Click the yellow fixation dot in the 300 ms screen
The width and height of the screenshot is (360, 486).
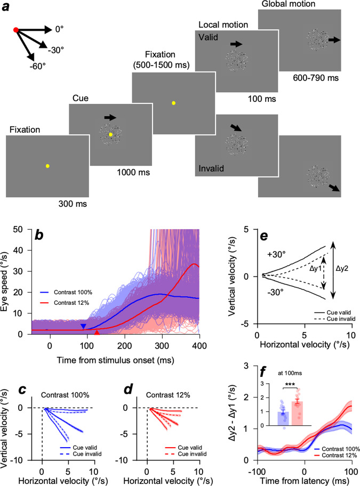[x=47, y=166]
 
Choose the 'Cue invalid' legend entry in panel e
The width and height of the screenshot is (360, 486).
[x=330, y=319]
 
